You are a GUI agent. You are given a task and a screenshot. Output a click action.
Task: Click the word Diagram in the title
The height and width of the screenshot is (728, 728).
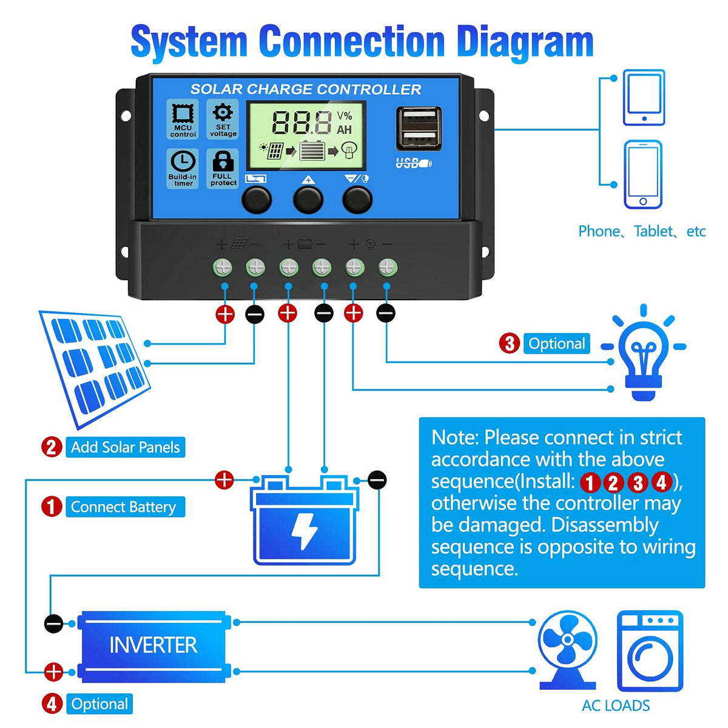coord(524,42)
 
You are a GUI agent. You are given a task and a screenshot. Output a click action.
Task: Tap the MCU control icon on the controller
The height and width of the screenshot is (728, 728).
coord(183,114)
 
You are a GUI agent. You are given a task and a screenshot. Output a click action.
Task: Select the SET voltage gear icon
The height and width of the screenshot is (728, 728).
coord(223,113)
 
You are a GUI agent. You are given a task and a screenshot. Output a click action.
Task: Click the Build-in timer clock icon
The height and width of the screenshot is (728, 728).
coord(183,162)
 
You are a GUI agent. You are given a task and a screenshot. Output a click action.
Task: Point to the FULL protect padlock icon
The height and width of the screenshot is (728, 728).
coord(223,161)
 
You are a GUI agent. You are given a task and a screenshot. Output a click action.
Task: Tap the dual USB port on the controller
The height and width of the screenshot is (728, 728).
coord(419,129)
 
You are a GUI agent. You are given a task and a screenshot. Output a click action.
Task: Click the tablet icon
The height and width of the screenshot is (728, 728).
coord(644,98)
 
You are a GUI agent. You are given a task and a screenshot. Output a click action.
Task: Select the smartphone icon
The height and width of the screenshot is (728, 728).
coord(643,175)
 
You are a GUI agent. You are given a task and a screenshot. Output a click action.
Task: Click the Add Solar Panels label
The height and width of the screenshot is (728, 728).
coord(125,447)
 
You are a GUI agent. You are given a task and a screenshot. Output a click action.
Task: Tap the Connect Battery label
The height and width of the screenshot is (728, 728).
coord(123,507)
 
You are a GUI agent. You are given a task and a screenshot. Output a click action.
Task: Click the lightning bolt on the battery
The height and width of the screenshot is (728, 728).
coord(303,531)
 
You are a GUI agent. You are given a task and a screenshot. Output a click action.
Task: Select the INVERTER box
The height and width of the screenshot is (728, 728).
coord(153,645)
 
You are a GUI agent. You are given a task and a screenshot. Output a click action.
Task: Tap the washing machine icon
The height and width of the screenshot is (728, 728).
coord(649,652)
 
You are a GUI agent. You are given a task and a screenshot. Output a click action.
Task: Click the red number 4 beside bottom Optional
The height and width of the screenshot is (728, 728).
coord(52,704)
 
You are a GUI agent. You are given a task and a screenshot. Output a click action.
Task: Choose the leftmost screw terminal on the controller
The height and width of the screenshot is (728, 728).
coord(223,267)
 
